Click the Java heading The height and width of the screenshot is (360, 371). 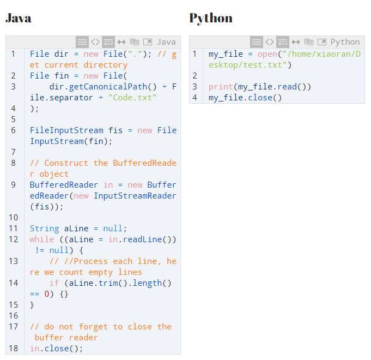(18, 18)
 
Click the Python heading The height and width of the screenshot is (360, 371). (211, 19)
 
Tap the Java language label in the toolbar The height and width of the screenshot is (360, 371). (166, 42)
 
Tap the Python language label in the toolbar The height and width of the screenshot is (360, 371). (345, 42)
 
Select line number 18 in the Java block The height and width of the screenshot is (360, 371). (13, 349)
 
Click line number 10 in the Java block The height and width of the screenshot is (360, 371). (13, 218)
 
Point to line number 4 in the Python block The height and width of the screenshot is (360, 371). (194, 97)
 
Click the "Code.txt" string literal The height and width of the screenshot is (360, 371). (132, 97)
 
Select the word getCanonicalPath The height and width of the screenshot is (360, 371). (108, 87)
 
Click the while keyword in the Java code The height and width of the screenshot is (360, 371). (42, 239)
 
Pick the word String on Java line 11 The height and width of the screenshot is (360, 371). (45, 229)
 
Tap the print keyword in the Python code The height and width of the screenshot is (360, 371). (221, 87)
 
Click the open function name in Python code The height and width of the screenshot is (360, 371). (267, 54)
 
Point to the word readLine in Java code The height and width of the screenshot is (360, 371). (142, 239)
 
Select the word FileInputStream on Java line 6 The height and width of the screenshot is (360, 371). (66, 130)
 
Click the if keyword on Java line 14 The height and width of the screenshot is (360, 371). (54, 283)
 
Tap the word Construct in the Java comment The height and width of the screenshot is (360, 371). (66, 163)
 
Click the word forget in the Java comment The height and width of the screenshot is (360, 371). (93, 327)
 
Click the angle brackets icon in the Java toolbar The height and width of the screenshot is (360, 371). (95, 42)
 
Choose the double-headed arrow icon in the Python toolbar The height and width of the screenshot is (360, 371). (296, 42)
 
